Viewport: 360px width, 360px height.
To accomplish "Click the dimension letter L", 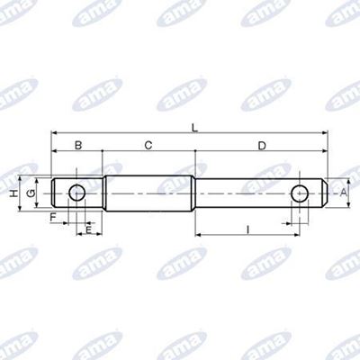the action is [x=195, y=128].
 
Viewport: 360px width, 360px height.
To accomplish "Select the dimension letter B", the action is [x=78, y=146].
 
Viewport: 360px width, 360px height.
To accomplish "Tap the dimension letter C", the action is [x=148, y=146].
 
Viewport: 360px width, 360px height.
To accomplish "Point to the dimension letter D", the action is [x=262, y=146].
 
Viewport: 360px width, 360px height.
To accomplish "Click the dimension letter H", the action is [x=13, y=193].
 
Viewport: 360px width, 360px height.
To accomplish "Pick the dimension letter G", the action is [x=31, y=193].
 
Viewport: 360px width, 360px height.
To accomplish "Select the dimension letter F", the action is [x=53, y=217].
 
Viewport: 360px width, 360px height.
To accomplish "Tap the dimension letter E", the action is [x=88, y=230].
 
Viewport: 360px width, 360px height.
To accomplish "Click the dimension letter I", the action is [x=247, y=230].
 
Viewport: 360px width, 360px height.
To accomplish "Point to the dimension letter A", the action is [x=343, y=193].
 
